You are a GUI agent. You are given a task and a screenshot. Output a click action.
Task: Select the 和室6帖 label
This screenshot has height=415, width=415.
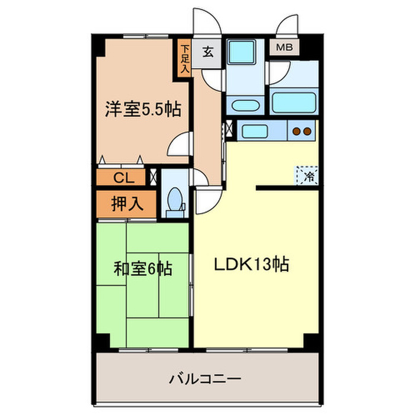click(143, 270)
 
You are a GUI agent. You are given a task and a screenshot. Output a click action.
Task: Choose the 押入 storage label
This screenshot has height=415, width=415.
click(127, 203)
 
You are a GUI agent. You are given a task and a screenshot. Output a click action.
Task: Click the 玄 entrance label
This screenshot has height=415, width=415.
click(208, 51)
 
